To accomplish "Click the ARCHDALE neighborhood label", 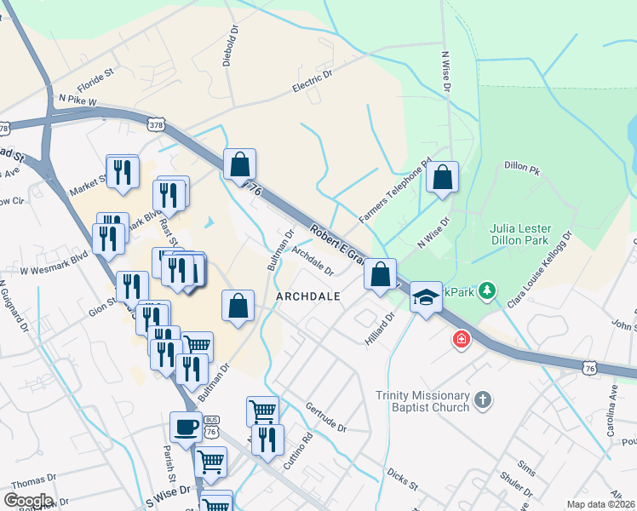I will (308, 296).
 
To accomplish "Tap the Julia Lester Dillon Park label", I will (520, 234).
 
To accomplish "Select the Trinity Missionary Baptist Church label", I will (423, 401).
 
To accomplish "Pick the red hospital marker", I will (461, 340).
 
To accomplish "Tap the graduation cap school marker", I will (426, 296).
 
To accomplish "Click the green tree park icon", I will (486, 291).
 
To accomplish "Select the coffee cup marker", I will (186, 427).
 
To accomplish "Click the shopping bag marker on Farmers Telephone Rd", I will (443, 178).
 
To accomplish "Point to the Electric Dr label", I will (312, 82).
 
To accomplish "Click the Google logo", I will (27, 501).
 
